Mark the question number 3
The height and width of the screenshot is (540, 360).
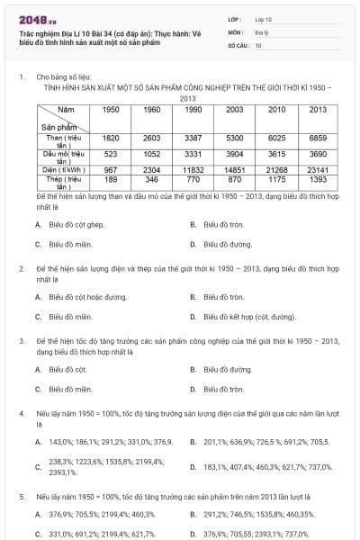[x=21, y=343]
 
